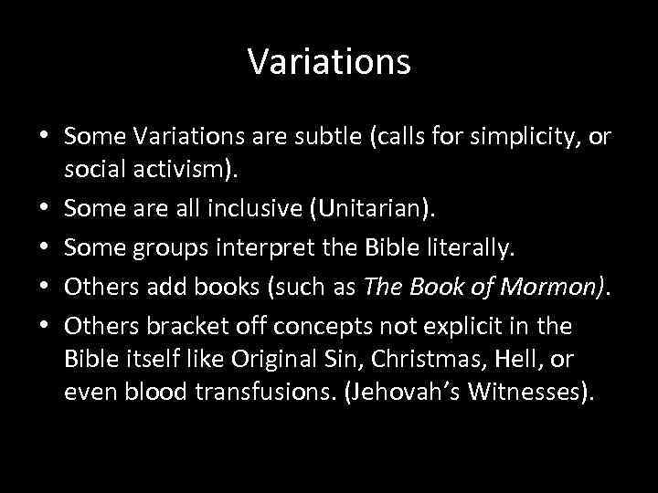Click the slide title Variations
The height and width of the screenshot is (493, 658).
(x=329, y=62)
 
